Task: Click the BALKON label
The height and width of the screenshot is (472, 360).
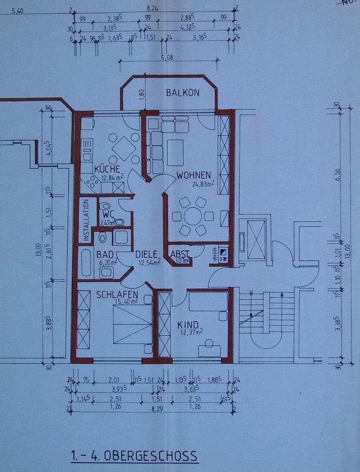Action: (x=182, y=93)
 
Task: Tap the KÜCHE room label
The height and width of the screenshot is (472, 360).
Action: (x=107, y=169)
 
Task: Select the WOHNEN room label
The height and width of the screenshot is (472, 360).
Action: (x=194, y=175)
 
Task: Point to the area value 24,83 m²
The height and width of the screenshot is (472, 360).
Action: (x=202, y=184)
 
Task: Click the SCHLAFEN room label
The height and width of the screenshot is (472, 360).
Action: (x=117, y=295)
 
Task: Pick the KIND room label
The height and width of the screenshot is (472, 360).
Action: (x=188, y=325)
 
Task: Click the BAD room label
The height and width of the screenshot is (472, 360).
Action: (x=105, y=254)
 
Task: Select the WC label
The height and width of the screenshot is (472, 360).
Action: (x=108, y=215)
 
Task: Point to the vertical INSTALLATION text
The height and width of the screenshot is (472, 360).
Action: (x=86, y=220)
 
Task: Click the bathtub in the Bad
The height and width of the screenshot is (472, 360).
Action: (x=86, y=263)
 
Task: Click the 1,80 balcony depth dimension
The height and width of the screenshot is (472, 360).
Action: (x=141, y=93)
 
